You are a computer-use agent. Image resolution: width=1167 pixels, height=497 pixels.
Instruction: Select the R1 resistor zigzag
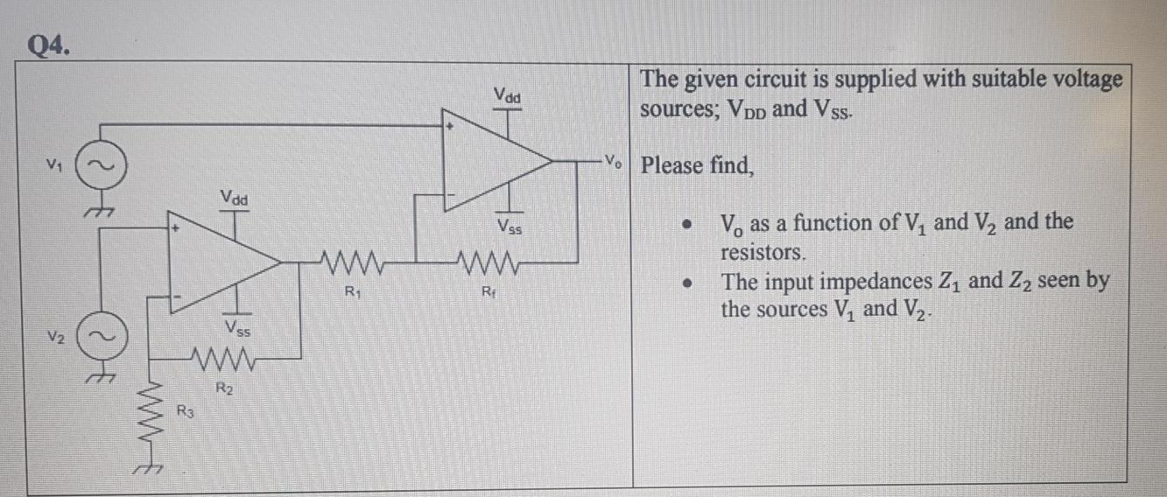tap(348, 260)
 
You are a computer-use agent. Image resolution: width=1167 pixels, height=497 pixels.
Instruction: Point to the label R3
tap(185, 410)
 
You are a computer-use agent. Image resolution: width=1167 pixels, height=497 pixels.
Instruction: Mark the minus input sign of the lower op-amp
tap(177, 298)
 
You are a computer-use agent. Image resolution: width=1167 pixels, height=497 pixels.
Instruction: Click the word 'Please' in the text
tap(671, 165)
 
